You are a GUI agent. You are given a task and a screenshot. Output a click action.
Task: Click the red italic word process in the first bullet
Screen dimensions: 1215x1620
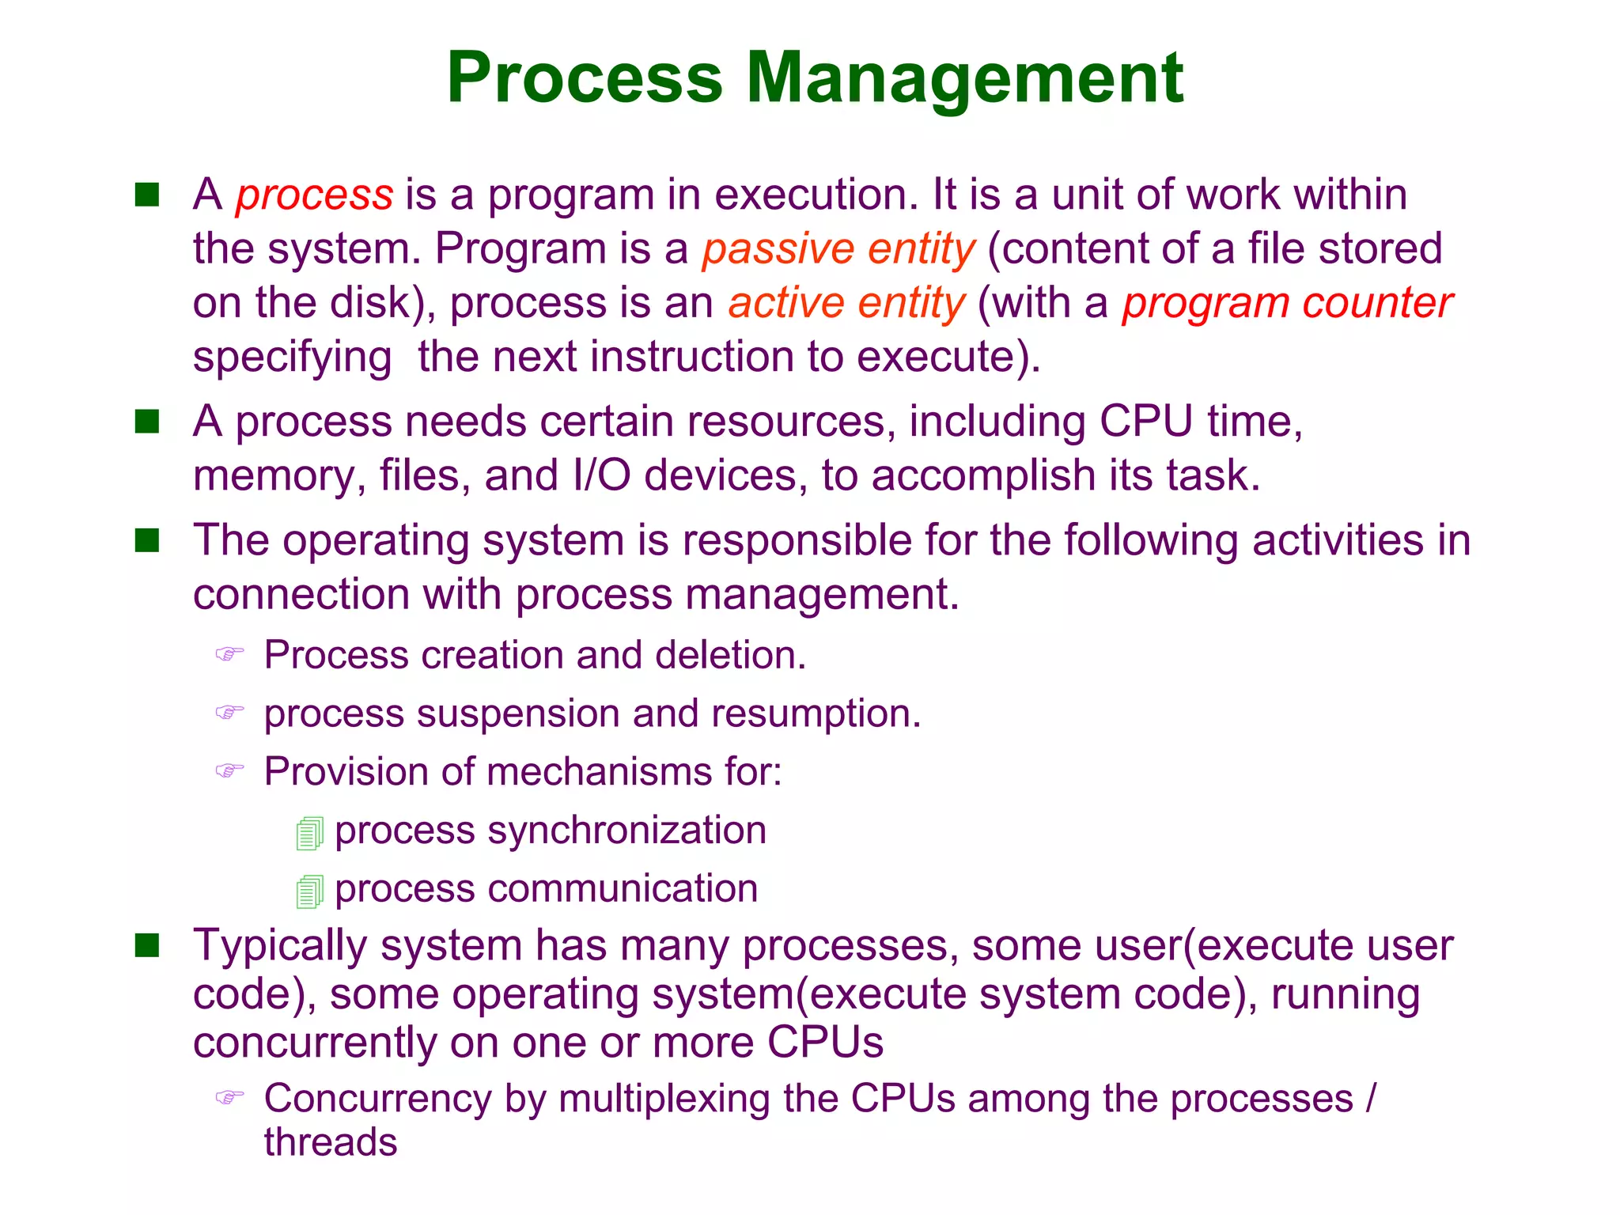[x=314, y=195]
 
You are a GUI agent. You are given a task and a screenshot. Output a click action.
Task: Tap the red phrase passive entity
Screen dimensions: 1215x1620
[x=838, y=249]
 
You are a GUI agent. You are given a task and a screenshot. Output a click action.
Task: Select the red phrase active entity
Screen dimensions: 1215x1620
[x=846, y=304]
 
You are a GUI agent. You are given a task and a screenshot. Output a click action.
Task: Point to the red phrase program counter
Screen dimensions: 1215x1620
[x=1287, y=304]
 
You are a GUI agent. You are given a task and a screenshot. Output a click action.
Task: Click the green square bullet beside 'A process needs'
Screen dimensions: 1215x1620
[x=147, y=422]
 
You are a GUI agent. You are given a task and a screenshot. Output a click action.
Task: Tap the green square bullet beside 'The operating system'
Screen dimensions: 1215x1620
[x=147, y=541]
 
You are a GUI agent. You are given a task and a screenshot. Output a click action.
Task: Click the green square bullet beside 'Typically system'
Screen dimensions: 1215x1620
[x=147, y=945]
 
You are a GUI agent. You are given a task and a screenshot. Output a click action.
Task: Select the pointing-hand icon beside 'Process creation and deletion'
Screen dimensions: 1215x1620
[x=229, y=654]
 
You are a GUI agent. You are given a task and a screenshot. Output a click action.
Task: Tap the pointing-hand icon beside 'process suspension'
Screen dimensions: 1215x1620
[x=229, y=713]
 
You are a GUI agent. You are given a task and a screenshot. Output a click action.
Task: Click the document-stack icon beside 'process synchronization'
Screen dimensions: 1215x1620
[x=309, y=834]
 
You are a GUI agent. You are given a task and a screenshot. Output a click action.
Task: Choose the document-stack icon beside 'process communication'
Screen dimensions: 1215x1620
[x=309, y=891]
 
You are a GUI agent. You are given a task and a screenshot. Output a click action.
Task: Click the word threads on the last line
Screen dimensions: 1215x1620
[x=331, y=1142]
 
